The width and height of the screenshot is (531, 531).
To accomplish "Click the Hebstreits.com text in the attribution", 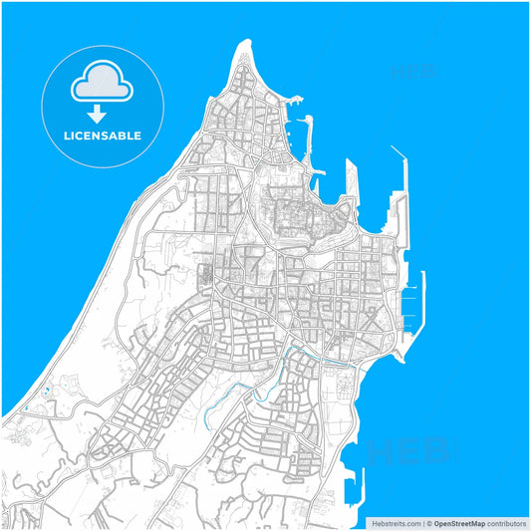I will (x=395, y=523).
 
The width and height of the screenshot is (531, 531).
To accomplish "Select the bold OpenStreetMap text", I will (x=458, y=523).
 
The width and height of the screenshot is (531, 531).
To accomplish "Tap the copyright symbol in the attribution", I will (x=428, y=523).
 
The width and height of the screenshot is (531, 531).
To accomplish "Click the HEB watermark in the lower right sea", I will (x=408, y=451).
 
